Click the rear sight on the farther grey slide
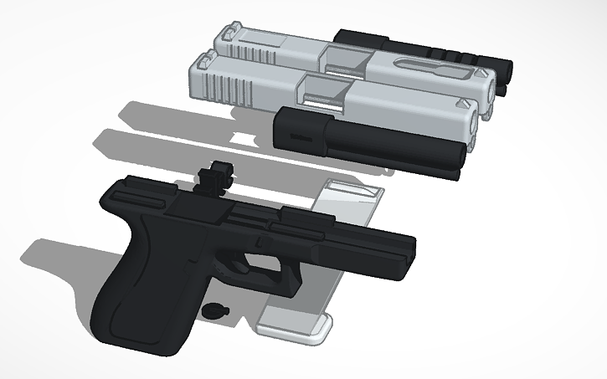tap(227, 36)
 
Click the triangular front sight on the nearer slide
tap(462, 105)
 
